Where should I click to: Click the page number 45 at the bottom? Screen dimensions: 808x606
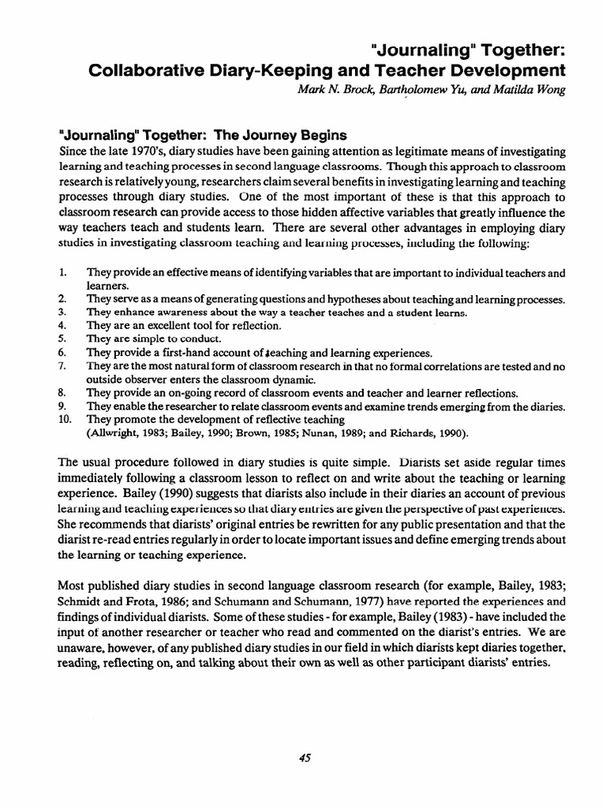306,757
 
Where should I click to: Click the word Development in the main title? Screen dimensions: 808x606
501,69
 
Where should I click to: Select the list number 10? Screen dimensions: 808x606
65,420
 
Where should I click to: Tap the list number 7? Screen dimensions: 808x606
63,366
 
